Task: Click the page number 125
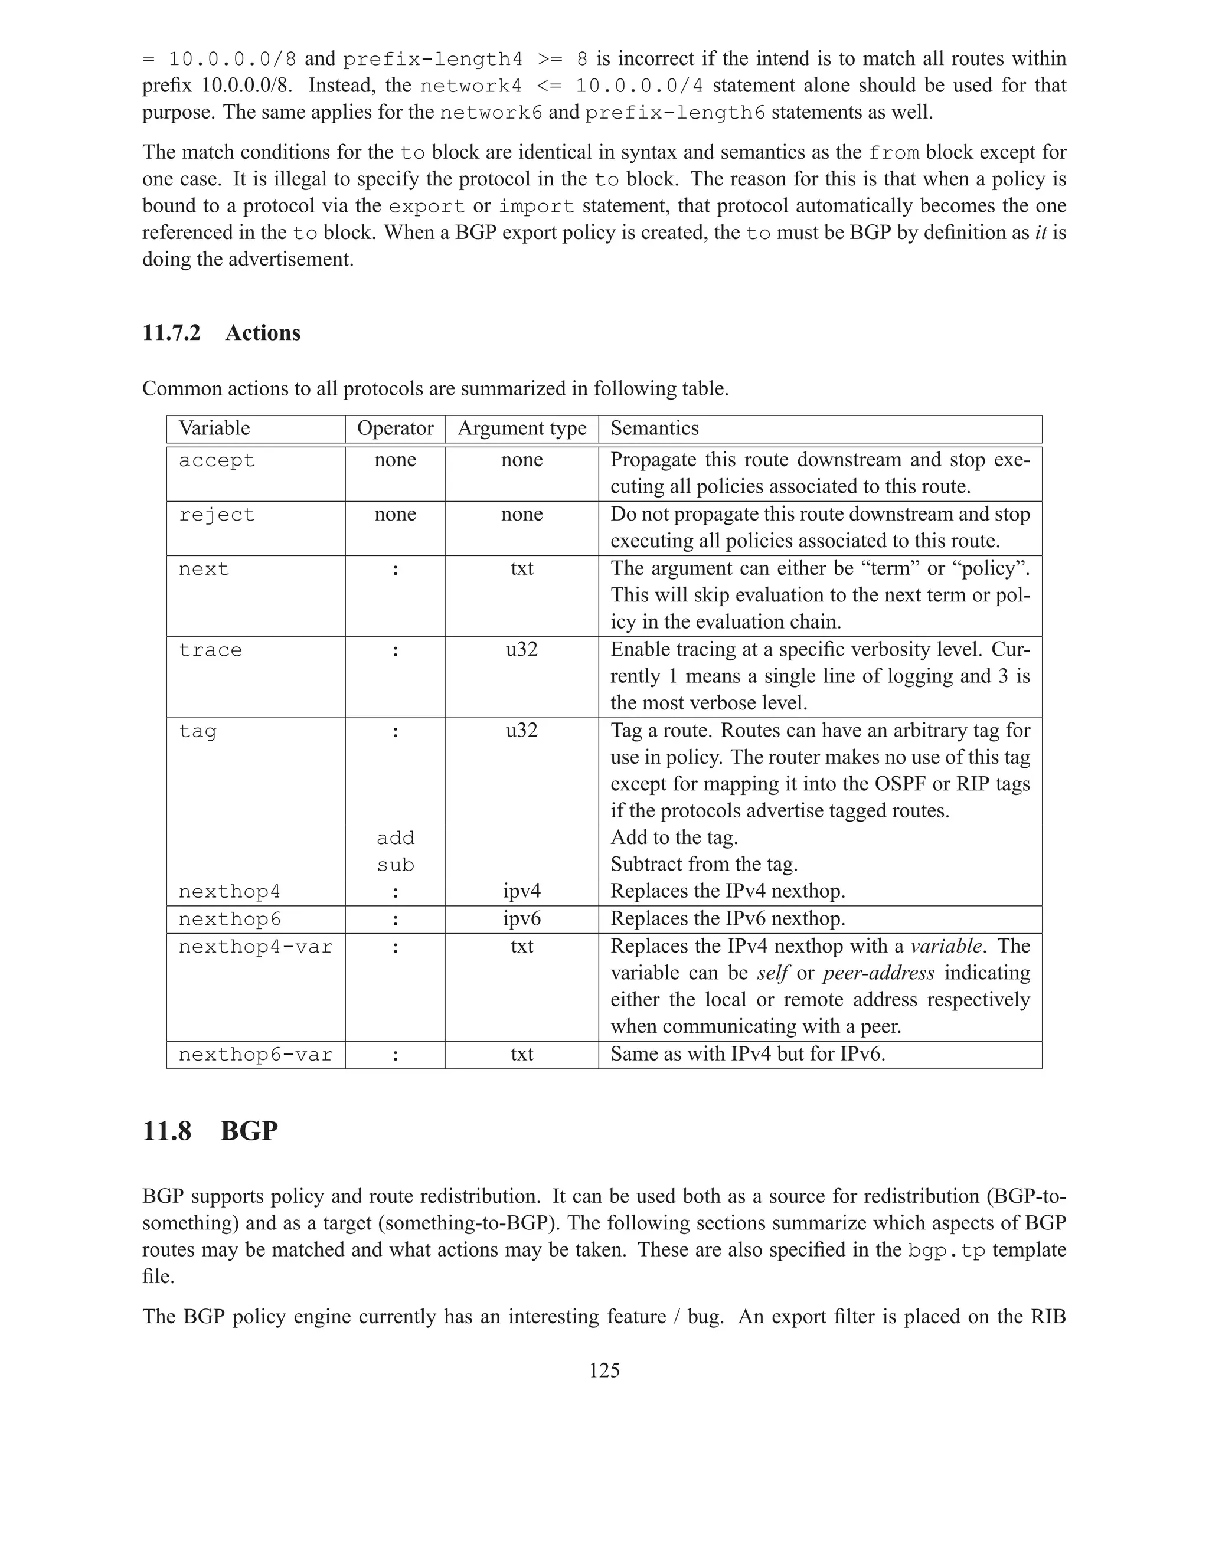click(x=604, y=1370)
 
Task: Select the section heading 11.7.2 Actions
click(x=221, y=332)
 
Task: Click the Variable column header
click(x=214, y=428)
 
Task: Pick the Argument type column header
click(x=521, y=428)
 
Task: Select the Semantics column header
click(x=654, y=428)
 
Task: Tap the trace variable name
click(x=211, y=650)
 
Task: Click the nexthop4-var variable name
click(x=256, y=947)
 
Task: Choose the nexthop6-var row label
click(x=256, y=1055)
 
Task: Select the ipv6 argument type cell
click(x=521, y=919)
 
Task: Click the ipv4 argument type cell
click(x=521, y=892)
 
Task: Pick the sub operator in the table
click(x=396, y=865)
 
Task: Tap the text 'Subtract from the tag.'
click(x=703, y=865)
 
